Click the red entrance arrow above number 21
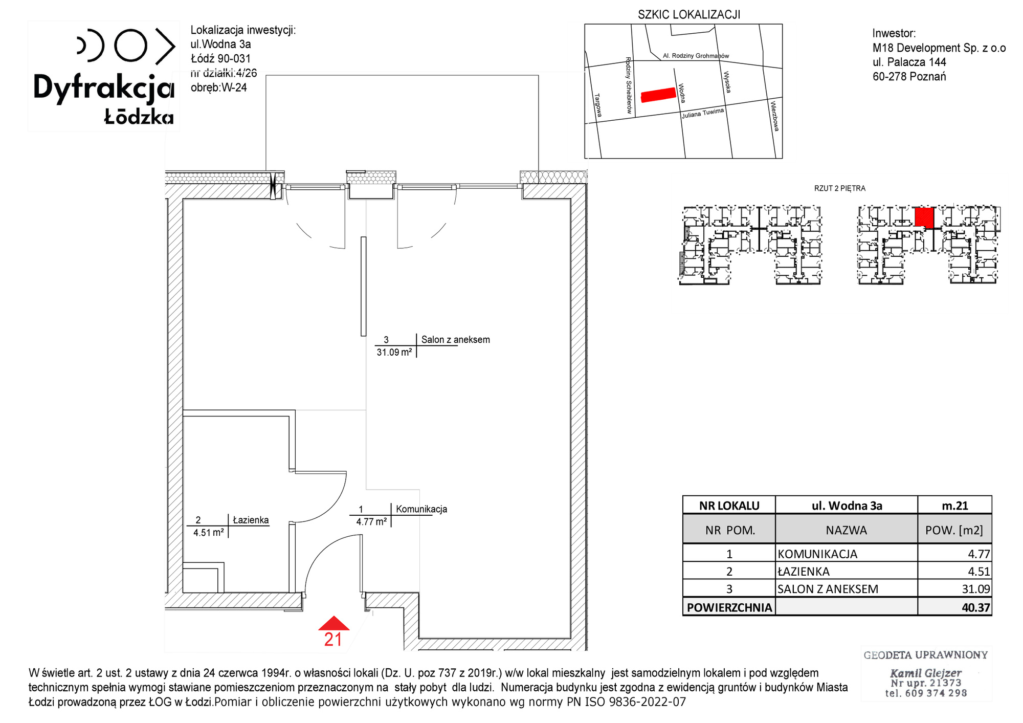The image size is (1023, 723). point(333,623)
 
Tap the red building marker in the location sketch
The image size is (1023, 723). point(658,95)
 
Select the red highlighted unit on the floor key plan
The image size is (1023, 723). point(924,217)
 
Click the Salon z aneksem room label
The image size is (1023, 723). point(455,340)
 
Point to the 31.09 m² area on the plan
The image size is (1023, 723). point(394,353)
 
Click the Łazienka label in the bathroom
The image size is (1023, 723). point(251,520)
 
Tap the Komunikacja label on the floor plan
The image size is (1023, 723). point(421,509)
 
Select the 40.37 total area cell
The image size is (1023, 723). point(976,608)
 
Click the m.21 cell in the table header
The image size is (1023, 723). point(955,506)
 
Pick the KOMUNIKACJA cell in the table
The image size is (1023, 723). point(817,554)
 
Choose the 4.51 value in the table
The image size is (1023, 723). point(979,572)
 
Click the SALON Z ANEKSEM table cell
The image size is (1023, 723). point(828,589)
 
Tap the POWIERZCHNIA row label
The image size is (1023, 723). point(729,608)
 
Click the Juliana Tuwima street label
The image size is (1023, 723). point(703,114)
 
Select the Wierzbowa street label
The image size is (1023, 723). point(775,116)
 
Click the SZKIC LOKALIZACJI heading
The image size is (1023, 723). point(689,15)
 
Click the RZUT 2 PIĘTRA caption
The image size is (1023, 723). point(840,188)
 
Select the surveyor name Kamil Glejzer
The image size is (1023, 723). point(926,673)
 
